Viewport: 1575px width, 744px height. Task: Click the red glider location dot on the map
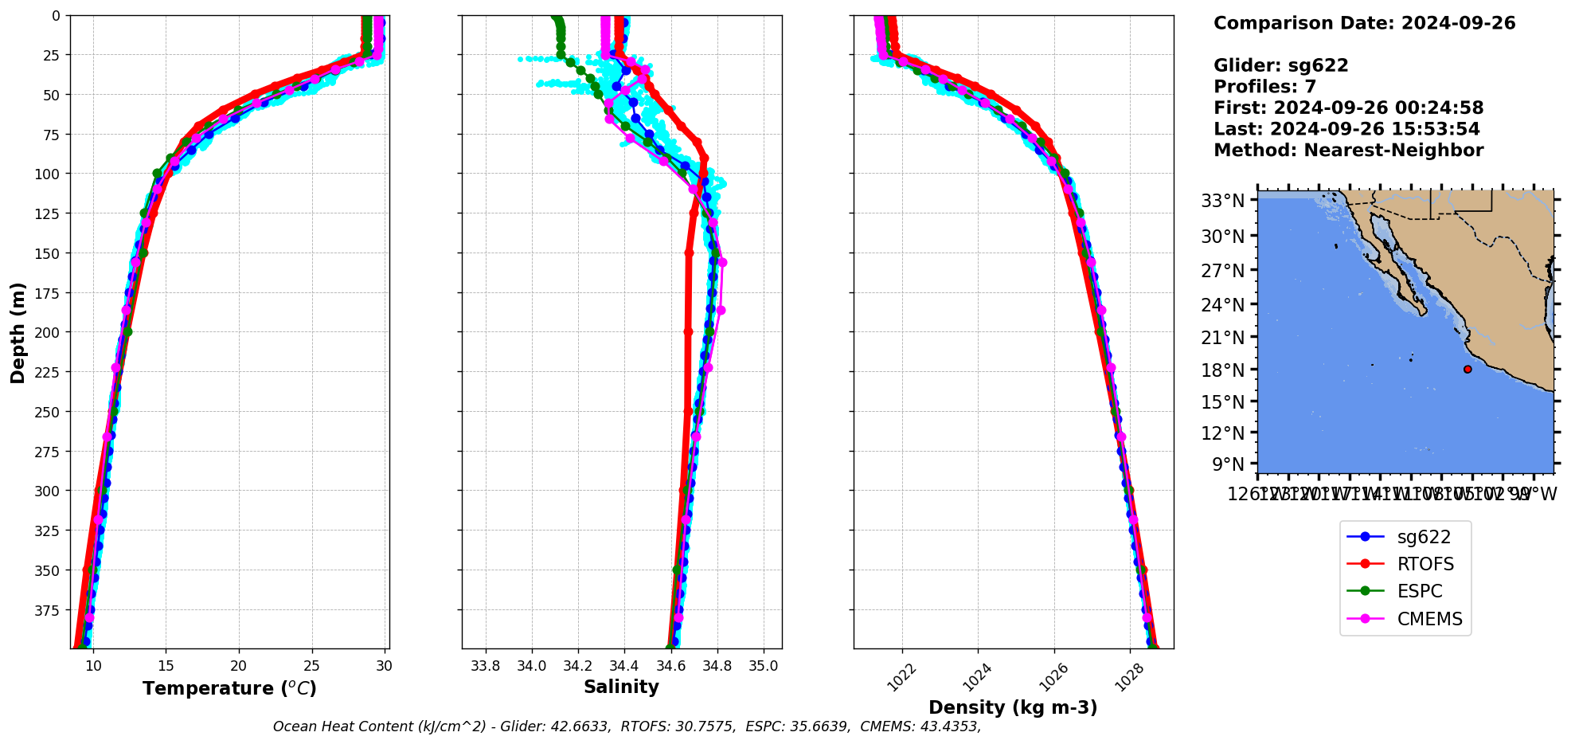[x=1468, y=370]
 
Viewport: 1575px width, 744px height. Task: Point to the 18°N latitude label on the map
[x=1222, y=370]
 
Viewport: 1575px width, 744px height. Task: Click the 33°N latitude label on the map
[x=1222, y=201]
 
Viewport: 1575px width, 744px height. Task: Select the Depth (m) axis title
[x=18, y=333]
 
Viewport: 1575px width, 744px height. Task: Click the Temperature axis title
[x=229, y=688]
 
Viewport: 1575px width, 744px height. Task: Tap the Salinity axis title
[x=621, y=687]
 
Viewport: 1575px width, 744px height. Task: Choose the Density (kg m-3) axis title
[x=1013, y=707]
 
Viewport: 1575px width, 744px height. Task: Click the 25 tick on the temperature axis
[x=312, y=666]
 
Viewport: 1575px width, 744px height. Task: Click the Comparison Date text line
[x=1364, y=23]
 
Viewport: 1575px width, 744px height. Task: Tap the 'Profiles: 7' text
[x=1264, y=87]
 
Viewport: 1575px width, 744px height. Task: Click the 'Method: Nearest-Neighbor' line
[x=1348, y=151]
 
